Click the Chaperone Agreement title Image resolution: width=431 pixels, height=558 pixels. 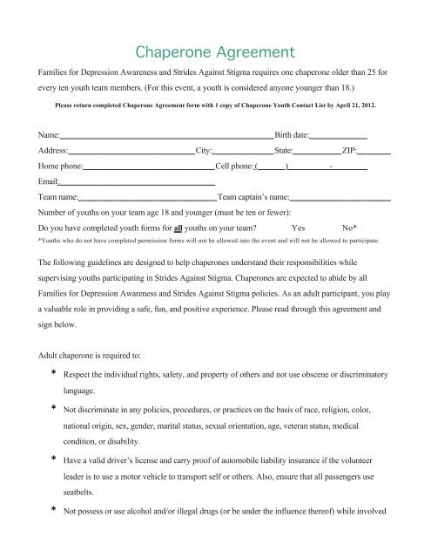[x=215, y=39]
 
